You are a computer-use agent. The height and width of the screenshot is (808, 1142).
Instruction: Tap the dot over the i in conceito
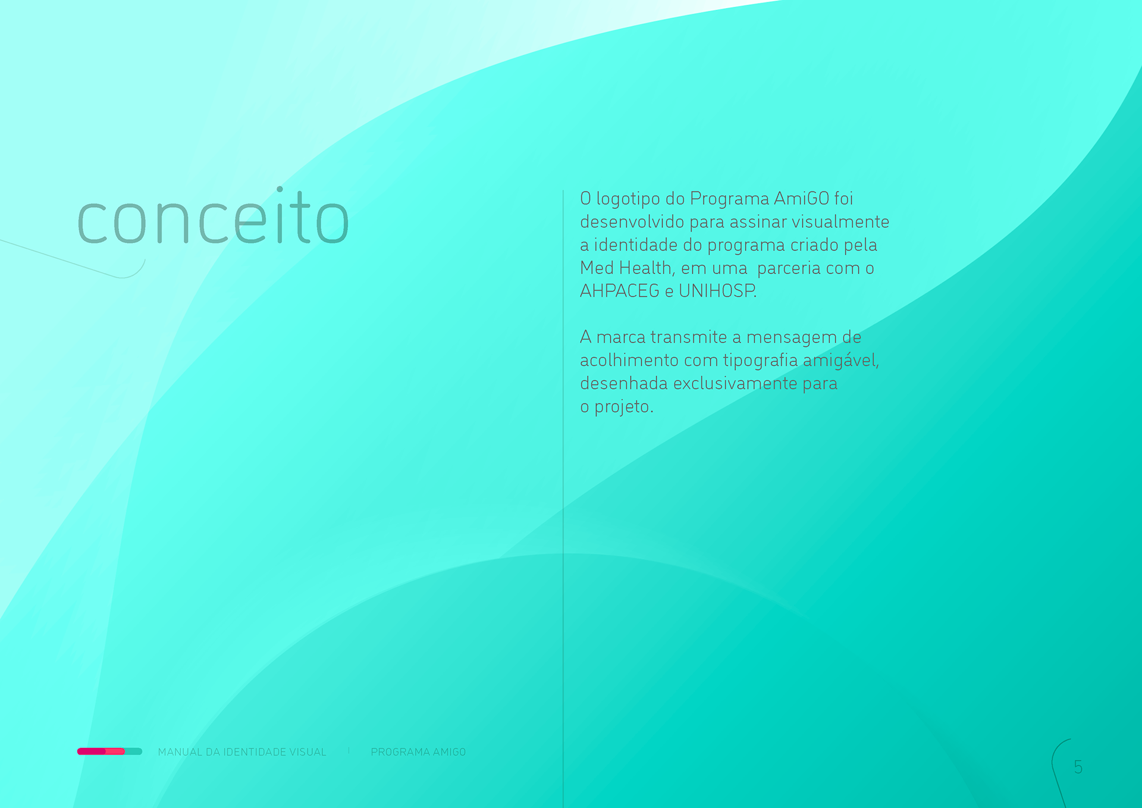point(280,189)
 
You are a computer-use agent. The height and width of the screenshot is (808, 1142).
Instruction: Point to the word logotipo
point(632,199)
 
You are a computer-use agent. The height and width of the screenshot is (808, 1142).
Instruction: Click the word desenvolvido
point(632,222)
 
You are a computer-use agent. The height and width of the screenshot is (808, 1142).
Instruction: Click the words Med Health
point(628,268)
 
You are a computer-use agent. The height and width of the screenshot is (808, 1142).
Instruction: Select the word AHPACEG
point(620,291)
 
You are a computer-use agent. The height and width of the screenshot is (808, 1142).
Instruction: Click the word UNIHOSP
point(717,291)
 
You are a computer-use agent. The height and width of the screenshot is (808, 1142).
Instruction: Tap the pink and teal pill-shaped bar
point(109,751)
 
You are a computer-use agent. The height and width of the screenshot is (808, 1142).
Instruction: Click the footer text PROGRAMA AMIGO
point(418,752)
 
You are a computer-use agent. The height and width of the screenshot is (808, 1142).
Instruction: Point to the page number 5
point(1078,767)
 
